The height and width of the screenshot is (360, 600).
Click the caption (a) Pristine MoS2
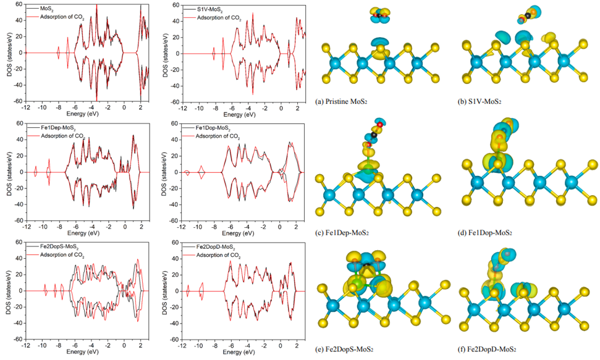pyautogui.click(x=345, y=100)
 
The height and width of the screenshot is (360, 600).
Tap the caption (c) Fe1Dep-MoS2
pyautogui.click(x=347, y=232)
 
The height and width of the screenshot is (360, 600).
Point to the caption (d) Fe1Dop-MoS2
pyautogui.click(x=485, y=232)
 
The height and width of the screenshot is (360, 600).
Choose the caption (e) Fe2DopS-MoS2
pyautogui.click(x=349, y=349)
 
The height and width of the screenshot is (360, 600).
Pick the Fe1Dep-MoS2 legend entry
pyautogui.click(x=54, y=128)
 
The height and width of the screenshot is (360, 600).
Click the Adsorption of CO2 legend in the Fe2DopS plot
pyautogui.click(x=62, y=255)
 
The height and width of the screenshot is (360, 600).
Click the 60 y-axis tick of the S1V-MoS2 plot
pyautogui.click(x=175, y=4)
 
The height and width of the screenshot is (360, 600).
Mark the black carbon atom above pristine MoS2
pyautogui.click(x=378, y=14)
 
